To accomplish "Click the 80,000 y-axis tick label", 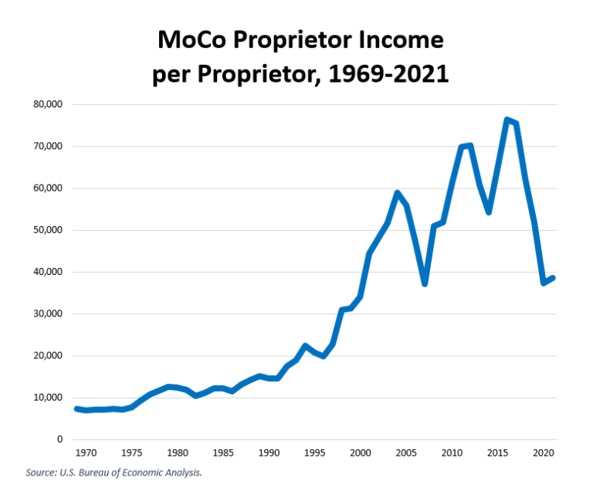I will coord(48,104).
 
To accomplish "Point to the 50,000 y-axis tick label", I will coord(48,230).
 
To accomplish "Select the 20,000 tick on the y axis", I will coord(48,356).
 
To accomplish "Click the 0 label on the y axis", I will coord(59,439).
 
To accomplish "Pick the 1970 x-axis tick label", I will coord(86,453).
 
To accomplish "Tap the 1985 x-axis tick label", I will coord(222,453).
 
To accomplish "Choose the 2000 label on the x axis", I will coord(360,453).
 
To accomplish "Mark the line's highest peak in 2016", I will coord(507,120).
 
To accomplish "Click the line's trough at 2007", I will coord(425,284).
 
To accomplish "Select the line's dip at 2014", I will coord(489,212).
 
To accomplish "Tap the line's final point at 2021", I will coord(554,278).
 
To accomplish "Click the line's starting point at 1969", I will coord(76,408).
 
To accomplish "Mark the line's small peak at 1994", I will coord(306,345).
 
